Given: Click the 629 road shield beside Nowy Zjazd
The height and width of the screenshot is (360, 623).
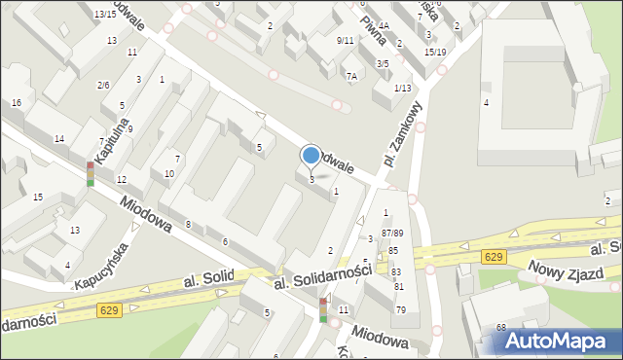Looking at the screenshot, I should [x=494, y=256].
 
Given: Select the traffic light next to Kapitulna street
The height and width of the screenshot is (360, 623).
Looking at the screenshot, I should [x=90, y=174].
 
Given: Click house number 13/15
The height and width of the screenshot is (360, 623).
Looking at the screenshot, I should [x=105, y=15].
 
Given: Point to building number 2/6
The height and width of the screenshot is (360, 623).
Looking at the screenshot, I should [x=103, y=86].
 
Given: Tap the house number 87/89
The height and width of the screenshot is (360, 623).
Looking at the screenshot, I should [x=392, y=233].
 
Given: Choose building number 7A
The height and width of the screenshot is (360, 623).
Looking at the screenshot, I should [x=351, y=76].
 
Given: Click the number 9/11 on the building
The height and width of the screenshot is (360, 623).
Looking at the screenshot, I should [x=345, y=40].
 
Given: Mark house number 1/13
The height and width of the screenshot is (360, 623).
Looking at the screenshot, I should [x=402, y=89].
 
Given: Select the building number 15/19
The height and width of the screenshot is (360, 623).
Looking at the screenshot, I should [x=435, y=52].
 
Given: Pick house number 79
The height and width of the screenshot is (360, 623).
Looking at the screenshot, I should [x=400, y=309].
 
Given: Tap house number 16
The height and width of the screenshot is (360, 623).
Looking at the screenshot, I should [x=17, y=103].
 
